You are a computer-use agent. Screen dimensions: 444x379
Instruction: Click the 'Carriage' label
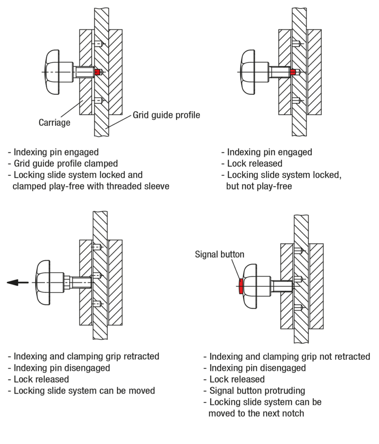[x=54, y=122]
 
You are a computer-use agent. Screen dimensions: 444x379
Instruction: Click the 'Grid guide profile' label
[x=166, y=115]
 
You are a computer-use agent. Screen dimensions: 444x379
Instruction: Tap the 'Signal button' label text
[x=220, y=255]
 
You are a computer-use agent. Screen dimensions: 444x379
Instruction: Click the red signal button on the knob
[x=241, y=286]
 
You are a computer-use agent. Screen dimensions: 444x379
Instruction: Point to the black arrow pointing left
[x=17, y=283]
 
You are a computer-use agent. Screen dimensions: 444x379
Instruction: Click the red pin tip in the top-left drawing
[x=98, y=72]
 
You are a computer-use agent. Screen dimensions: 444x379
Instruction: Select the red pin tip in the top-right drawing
[x=293, y=72]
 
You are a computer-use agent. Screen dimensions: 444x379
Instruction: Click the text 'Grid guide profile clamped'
[x=65, y=164]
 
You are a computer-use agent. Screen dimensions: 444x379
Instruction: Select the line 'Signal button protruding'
[x=257, y=391]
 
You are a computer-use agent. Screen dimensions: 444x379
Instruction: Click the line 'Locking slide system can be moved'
[x=84, y=391]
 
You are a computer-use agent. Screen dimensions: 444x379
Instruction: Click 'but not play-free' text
[x=259, y=186]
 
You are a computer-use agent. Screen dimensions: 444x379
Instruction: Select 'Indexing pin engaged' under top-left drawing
[x=56, y=152]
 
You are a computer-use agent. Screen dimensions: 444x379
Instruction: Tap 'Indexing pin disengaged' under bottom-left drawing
[x=61, y=368]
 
